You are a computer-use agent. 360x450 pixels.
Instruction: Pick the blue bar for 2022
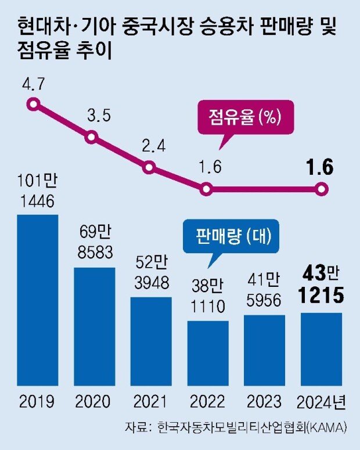click(207, 353)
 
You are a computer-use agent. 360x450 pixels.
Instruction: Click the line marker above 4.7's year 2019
click(34, 105)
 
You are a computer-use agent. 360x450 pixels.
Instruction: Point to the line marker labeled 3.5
click(92, 138)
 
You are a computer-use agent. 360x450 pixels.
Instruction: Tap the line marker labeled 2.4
click(150, 168)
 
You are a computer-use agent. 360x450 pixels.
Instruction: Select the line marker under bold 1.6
click(322, 189)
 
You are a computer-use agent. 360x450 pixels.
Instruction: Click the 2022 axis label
click(207, 402)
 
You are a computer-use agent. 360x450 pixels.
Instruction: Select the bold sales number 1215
click(321, 297)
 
